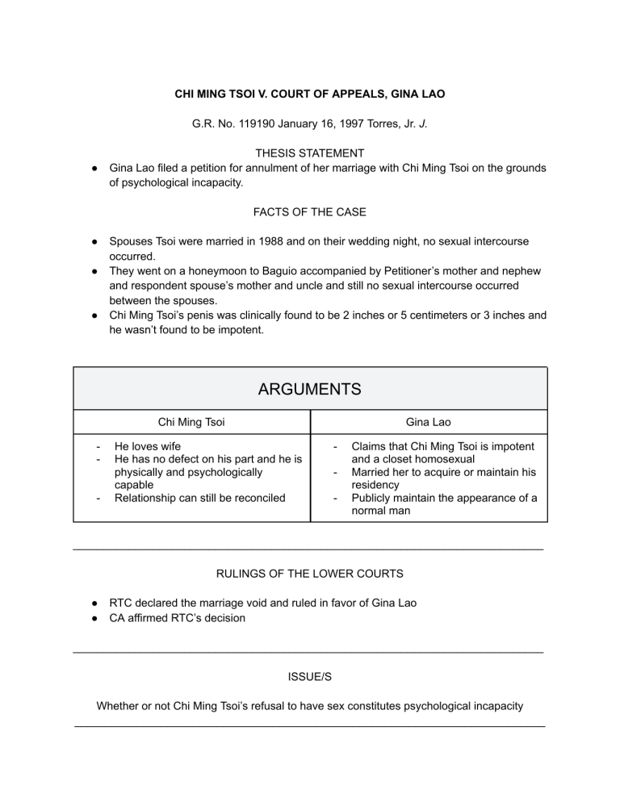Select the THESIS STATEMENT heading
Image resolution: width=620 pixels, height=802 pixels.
point(310,152)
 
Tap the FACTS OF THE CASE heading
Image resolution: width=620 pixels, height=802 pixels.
point(310,212)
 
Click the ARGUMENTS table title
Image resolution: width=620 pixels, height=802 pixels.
point(310,389)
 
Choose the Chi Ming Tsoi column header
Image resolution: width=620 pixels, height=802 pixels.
point(193,420)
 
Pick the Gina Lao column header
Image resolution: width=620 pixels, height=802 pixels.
point(429,420)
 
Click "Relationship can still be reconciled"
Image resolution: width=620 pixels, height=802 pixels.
point(199,498)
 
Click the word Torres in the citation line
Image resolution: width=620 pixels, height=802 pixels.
point(383,125)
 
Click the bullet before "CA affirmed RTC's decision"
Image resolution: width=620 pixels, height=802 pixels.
point(94,618)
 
